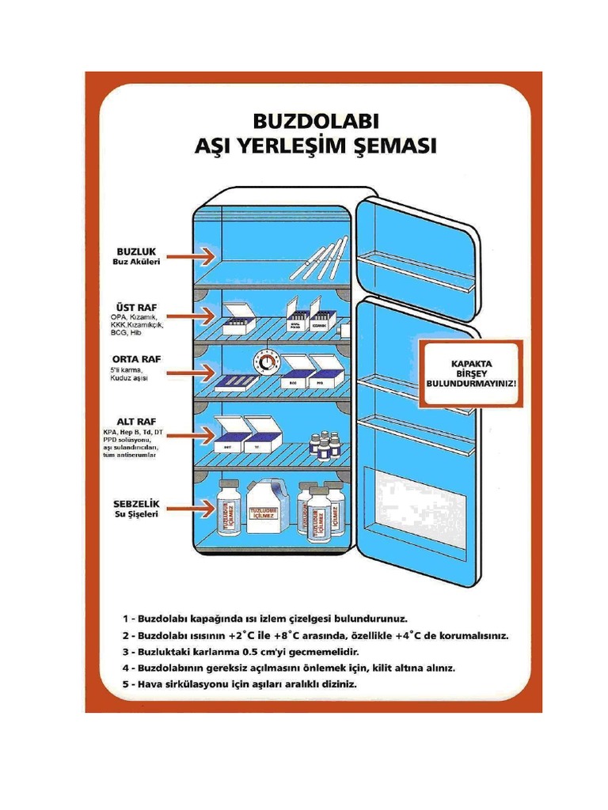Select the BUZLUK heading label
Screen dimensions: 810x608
131,250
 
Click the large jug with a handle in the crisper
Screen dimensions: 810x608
268,507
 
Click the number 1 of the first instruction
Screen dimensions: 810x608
126,617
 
